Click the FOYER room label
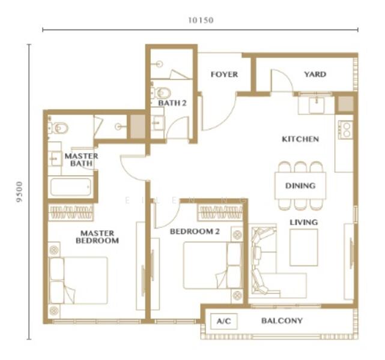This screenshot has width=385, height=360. [x=223, y=74]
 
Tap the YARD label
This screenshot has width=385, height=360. [x=315, y=74]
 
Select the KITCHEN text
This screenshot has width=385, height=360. [x=300, y=139]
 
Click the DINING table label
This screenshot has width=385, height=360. [x=300, y=186]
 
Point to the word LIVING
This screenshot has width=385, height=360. [x=304, y=223]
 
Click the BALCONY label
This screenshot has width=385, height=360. [x=282, y=321]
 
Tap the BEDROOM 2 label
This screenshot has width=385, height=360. [x=194, y=232]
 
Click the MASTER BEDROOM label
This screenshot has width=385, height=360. [x=97, y=237]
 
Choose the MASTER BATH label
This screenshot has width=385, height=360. [x=81, y=160]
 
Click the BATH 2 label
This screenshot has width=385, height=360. [x=172, y=103]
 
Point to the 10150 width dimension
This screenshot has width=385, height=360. [x=201, y=20]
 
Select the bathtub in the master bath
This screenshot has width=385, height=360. [x=70, y=187]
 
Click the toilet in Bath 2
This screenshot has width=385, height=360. [x=162, y=92]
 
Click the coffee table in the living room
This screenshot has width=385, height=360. [x=304, y=247]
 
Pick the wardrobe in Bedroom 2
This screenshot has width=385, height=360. [x=219, y=212]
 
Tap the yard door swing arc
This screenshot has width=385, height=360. [x=280, y=81]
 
